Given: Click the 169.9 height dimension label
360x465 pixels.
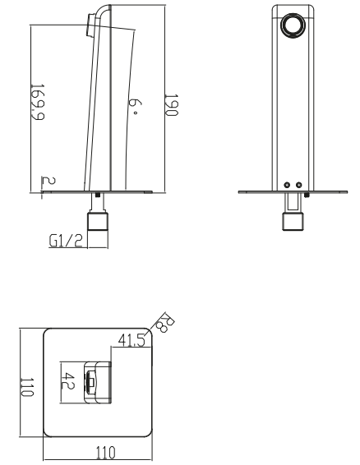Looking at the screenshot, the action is (38, 102).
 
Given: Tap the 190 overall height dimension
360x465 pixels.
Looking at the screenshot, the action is (172, 105).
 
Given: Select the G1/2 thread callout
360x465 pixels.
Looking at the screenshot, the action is (66, 241).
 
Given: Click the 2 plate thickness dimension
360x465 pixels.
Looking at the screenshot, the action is (48, 180).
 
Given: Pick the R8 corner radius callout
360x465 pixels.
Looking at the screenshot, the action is (165, 322).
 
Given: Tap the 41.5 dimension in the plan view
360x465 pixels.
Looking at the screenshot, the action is (132, 340).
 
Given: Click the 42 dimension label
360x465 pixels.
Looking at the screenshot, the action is (68, 381).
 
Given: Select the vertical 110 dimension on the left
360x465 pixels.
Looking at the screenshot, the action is (27, 387).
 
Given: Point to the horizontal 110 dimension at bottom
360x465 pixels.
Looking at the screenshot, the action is (106, 453).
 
